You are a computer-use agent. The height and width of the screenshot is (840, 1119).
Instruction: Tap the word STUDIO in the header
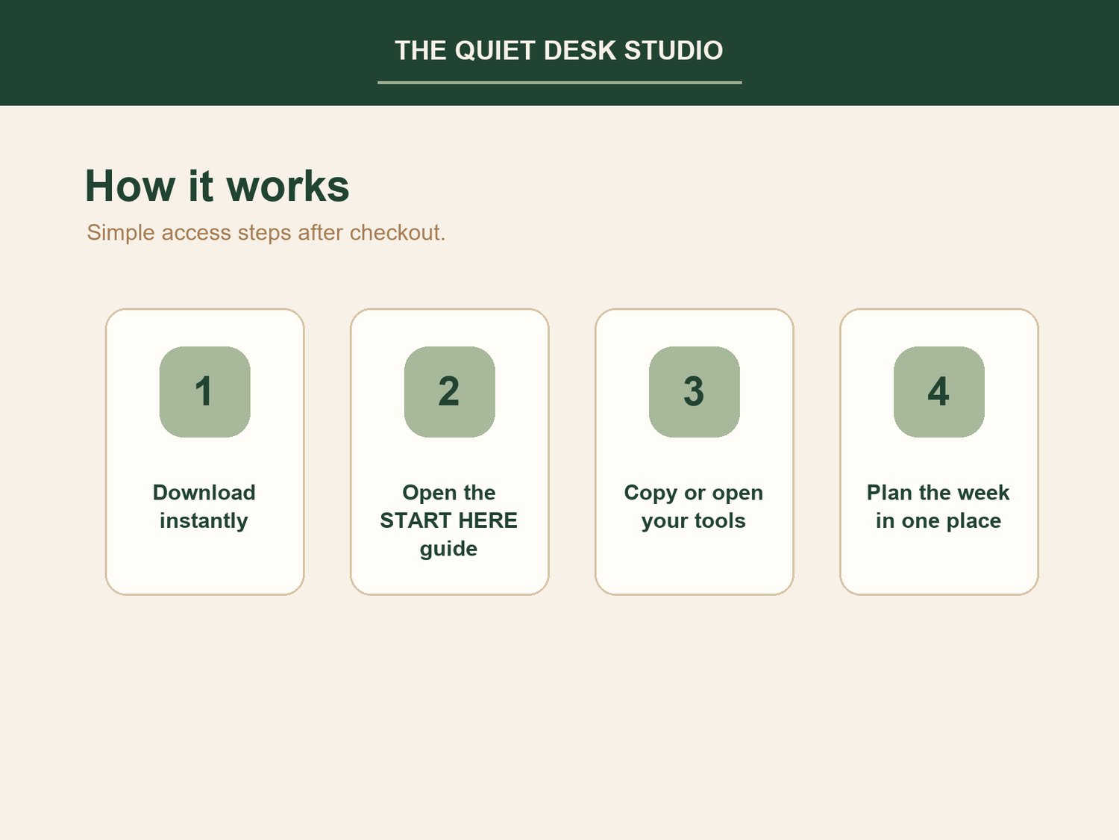674,51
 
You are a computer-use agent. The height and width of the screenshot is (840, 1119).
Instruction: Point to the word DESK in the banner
580,51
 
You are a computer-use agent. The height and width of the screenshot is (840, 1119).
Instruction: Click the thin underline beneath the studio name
559,82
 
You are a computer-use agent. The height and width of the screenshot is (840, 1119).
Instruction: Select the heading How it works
217,186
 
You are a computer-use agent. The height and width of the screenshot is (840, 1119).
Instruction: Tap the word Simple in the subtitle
121,233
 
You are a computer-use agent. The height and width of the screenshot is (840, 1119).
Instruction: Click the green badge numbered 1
205,392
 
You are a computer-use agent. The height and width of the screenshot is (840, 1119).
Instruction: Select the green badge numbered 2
450,392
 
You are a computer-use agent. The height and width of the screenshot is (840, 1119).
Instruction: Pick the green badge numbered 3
695,392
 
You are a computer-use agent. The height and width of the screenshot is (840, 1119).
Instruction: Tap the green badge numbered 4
939,392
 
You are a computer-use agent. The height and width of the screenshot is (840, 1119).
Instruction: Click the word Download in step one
204,493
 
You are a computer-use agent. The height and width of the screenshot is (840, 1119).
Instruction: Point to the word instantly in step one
204,521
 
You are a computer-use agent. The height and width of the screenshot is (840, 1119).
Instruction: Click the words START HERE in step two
448,520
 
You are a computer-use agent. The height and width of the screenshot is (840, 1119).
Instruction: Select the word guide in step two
448,550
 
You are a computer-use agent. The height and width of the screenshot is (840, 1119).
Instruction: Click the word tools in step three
720,521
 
